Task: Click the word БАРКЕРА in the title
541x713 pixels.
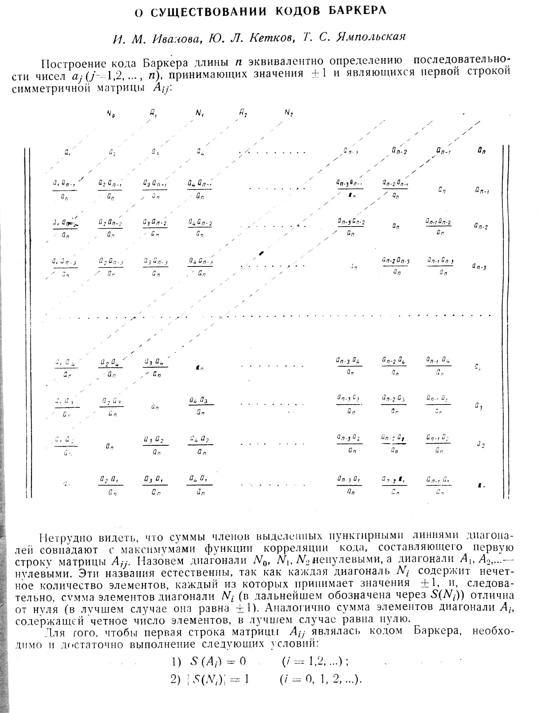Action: pos(357,11)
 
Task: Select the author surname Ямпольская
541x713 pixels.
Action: pos(371,37)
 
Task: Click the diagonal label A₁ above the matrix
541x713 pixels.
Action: pos(154,113)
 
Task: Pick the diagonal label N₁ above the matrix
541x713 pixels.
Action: pos(200,113)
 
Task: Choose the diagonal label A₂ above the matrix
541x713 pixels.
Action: pos(243,113)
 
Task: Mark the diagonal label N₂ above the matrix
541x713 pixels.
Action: pos(288,113)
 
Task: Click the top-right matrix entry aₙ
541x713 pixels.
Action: pos(481,151)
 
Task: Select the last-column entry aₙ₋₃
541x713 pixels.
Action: pos(480,267)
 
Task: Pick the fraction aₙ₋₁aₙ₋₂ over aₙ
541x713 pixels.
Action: pos(438,227)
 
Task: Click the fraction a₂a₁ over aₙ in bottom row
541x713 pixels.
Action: pos(111,486)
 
